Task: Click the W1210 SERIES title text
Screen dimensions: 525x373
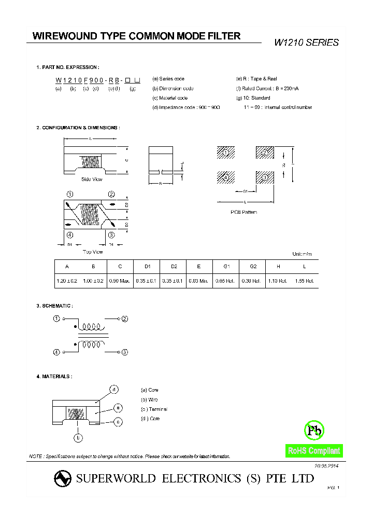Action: click(x=306, y=43)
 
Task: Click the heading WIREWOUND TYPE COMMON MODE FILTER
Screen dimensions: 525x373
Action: click(x=136, y=36)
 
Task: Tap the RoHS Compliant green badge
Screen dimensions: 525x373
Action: click(x=314, y=451)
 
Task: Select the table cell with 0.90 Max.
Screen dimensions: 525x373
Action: click(x=120, y=281)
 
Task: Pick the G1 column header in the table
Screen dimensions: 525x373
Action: click(x=226, y=266)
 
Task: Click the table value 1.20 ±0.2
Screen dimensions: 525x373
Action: click(x=67, y=281)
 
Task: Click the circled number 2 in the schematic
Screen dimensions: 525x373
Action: click(x=124, y=319)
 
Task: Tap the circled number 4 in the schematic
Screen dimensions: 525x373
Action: click(x=56, y=352)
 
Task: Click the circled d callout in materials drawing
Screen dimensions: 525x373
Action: click(x=114, y=390)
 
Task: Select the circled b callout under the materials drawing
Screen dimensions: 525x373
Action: click(x=78, y=437)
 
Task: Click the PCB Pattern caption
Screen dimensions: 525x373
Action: click(x=243, y=212)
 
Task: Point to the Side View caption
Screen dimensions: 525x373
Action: click(x=92, y=179)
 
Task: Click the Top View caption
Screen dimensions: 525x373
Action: click(x=93, y=252)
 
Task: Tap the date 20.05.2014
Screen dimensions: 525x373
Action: click(x=326, y=466)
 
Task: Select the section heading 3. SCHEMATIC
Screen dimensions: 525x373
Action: click(x=54, y=306)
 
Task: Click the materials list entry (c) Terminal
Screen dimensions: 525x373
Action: click(x=154, y=409)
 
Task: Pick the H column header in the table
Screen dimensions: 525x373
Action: click(x=279, y=266)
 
